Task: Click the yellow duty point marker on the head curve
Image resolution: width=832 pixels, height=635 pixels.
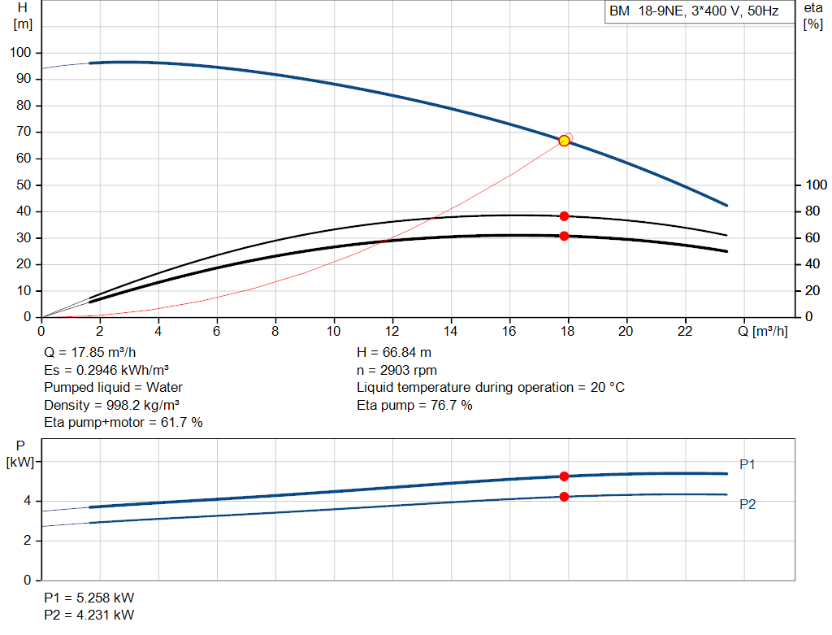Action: coord(564,141)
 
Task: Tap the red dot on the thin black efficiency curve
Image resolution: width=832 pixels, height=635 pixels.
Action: coord(564,216)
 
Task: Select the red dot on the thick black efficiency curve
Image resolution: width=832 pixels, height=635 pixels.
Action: coord(564,236)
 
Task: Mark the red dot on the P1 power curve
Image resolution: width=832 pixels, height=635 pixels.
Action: coord(564,476)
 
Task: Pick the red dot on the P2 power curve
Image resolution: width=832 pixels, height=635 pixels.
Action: coord(564,497)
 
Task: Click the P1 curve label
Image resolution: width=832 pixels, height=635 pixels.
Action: coord(747,464)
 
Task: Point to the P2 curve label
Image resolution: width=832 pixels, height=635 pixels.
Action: coord(747,504)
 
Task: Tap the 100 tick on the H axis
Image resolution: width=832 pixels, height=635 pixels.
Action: coord(20,53)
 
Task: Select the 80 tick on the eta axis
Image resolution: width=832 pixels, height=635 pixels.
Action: coord(812,211)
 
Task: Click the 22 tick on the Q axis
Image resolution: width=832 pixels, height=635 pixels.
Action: coord(685,331)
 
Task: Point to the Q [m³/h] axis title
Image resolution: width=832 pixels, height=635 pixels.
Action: coord(762,331)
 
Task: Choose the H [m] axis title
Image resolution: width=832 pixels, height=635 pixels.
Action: coord(23,16)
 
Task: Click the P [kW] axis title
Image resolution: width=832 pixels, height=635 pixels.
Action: coord(20,454)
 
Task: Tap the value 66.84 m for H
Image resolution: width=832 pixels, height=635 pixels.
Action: coord(407,353)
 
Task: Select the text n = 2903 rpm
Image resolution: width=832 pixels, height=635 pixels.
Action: coord(396,370)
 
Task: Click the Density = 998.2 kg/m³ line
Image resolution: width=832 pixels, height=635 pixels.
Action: coord(111,405)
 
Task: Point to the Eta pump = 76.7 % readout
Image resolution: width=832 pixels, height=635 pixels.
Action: coord(414,405)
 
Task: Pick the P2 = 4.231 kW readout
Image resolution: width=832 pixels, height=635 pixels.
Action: coord(89,615)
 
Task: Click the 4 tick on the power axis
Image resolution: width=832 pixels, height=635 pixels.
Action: coord(28,501)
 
